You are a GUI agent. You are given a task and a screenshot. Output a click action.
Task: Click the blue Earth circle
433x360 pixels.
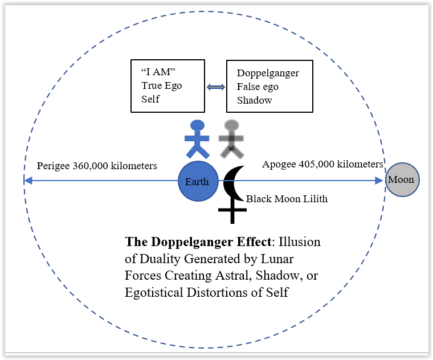point(198,182)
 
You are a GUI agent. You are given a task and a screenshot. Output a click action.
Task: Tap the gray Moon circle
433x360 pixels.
point(402,180)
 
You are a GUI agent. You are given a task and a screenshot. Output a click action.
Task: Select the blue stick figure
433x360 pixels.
point(197,138)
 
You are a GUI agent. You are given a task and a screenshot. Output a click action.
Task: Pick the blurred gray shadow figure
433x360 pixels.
point(231,139)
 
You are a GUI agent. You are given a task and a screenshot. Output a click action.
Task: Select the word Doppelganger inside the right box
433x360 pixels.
point(268,73)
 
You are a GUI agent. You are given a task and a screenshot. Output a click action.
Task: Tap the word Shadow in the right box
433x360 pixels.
point(254,100)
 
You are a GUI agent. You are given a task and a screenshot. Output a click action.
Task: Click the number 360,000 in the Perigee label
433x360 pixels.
point(92,166)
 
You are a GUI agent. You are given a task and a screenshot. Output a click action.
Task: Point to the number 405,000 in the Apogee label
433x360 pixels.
point(316,164)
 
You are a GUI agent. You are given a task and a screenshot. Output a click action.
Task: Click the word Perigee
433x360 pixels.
point(54,166)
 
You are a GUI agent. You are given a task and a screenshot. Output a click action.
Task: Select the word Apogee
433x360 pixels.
point(278,165)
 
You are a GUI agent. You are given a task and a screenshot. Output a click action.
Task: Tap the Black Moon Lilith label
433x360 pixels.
point(287,199)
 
